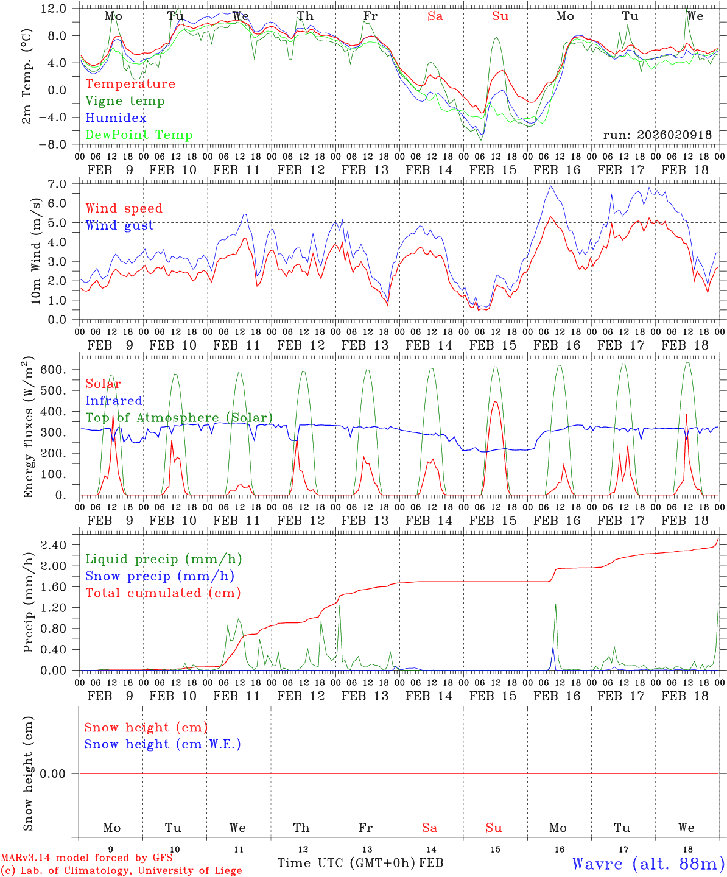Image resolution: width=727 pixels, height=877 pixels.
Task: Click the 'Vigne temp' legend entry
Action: coord(125,101)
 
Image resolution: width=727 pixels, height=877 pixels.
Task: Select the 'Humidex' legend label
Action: coord(116,118)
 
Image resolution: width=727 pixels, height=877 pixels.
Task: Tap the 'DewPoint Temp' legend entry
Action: coord(139,135)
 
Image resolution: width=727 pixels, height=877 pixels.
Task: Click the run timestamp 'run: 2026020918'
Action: coord(657,135)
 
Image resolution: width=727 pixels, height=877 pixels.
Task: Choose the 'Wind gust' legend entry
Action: coord(119,225)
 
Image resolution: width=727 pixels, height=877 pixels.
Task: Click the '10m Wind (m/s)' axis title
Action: coord(36,251)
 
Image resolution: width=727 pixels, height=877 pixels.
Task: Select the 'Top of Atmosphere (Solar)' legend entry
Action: coord(179,418)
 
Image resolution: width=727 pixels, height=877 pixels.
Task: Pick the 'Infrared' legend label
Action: coord(114,401)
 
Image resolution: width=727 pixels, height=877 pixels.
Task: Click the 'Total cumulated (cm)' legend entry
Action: coord(163,593)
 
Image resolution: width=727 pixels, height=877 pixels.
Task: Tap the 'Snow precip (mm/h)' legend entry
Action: coord(160,576)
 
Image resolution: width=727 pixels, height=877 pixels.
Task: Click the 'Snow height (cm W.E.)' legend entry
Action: coord(163,744)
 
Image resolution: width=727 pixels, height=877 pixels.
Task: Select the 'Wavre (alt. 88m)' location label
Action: coord(648,864)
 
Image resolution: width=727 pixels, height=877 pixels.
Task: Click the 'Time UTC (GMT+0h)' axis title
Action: coord(346,863)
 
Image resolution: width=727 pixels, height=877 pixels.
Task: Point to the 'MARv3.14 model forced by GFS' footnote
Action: coord(86,858)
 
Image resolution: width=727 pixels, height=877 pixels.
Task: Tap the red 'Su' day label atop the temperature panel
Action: coord(500,16)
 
